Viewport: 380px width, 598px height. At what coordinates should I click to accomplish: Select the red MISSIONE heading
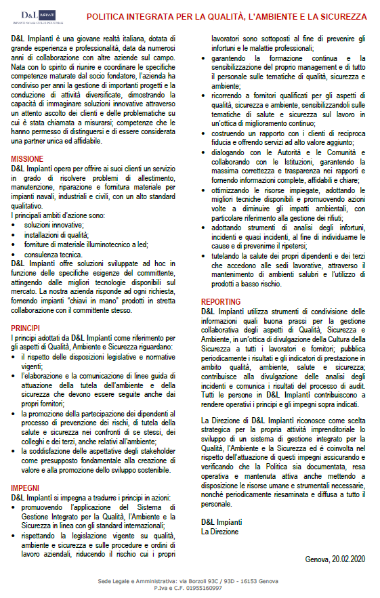point(28,158)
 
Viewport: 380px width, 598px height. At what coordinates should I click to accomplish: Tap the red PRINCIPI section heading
point(25,327)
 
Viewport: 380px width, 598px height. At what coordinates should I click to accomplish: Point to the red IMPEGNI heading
point(25,488)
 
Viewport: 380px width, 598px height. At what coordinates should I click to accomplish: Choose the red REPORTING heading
point(221,302)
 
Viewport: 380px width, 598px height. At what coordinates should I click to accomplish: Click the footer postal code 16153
point(245,581)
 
